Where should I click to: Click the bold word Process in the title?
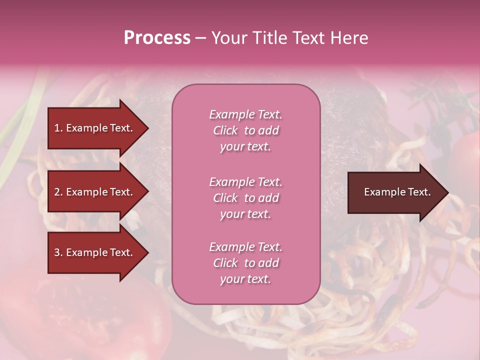coord(157,38)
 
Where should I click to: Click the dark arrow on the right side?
coord(395,192)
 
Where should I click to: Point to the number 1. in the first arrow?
coord(58,128)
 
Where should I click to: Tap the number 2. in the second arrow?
coord(58,192)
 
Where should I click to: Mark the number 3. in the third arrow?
coord(58,252)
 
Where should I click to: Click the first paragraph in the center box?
coord(245,130)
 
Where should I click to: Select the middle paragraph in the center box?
coord(245,198)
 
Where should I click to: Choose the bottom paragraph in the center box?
coord(245,263)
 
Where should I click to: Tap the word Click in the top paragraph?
coord(225,130)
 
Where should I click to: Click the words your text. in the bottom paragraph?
coord(245,279)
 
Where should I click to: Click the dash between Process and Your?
coord(200,38)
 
